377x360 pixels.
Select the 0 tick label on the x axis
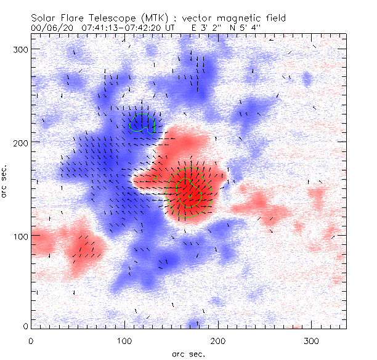tap(31, 340)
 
